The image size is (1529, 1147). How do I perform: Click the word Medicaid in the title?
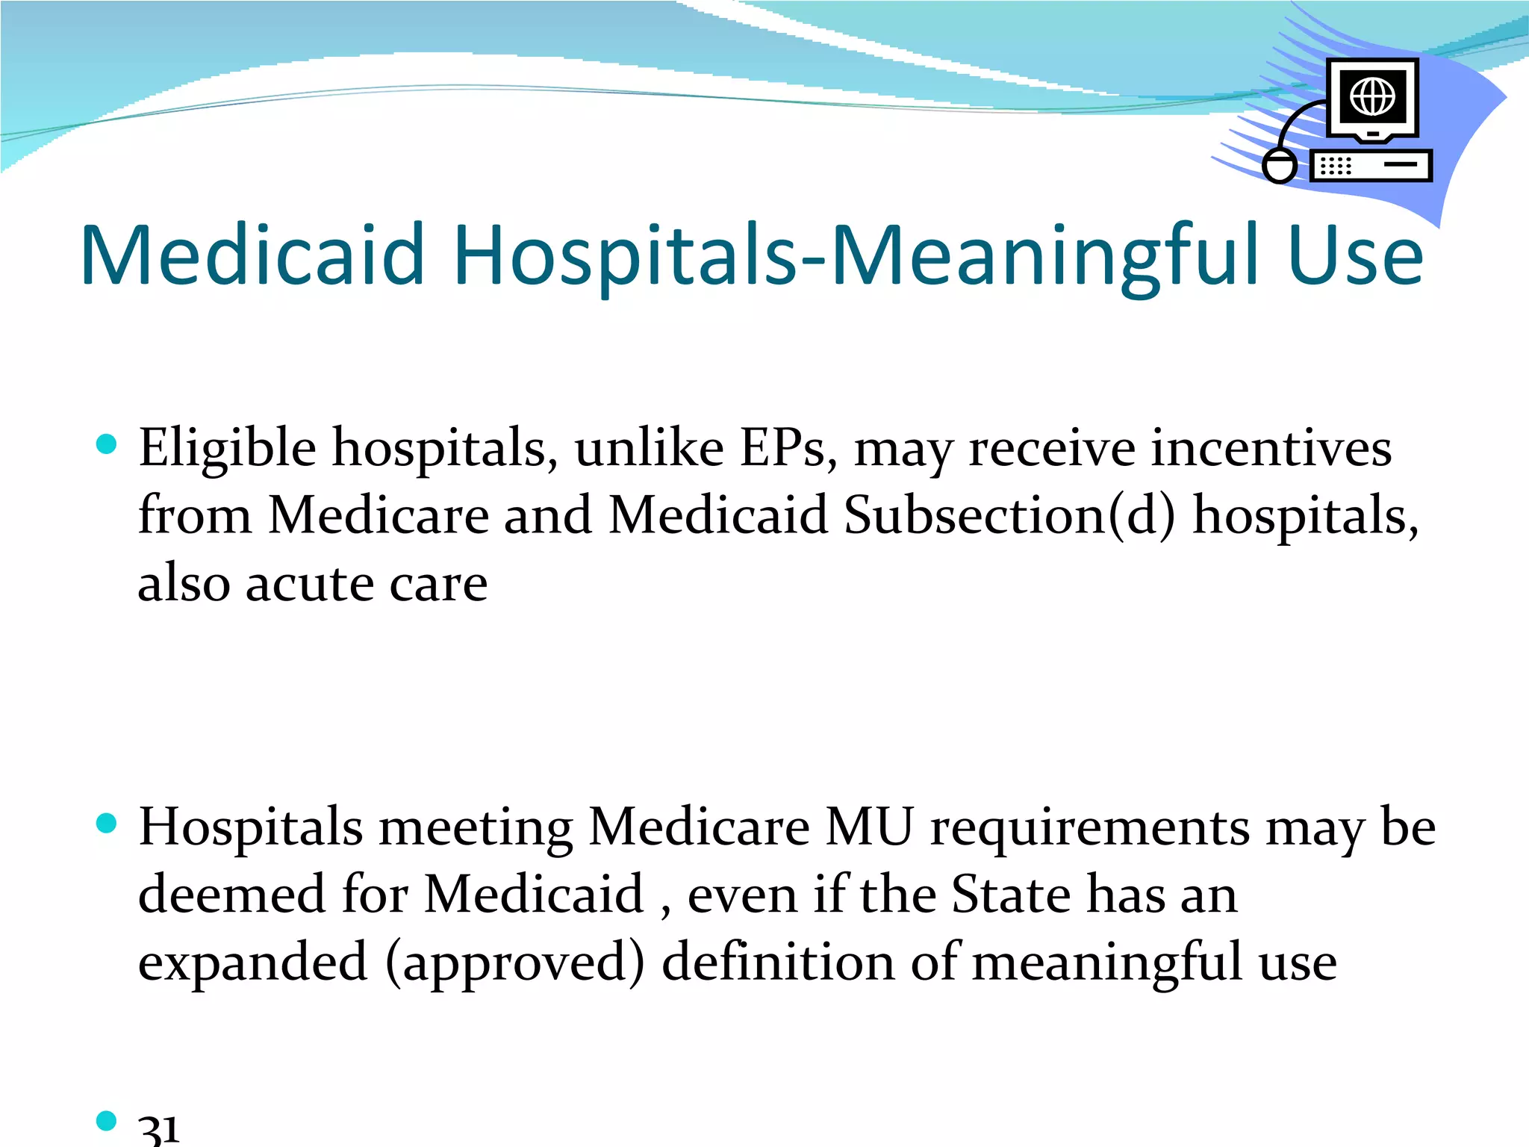pos(252,255)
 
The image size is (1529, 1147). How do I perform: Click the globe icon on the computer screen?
pos(1372,96)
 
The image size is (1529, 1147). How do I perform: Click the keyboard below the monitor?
pos(1371,166)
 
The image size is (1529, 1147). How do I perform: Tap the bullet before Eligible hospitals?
pos(108,445)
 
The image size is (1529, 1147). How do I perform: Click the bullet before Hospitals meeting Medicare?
pos(108,824)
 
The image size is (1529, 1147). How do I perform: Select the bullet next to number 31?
pos(108,1120)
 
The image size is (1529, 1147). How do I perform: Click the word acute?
pos(309,584)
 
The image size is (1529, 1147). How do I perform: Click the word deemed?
pos(231,895)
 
